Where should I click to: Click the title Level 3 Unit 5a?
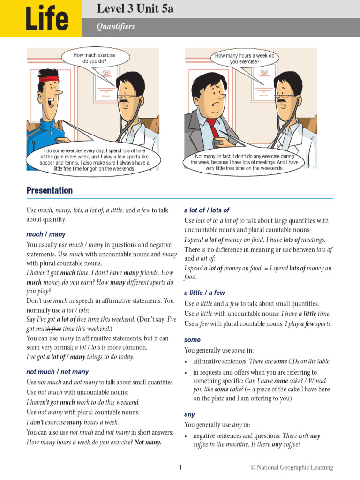click(x=135, y=8)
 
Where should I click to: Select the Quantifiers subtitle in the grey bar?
click(x=116, y=27)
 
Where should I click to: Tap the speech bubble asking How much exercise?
click(x=94, y=58)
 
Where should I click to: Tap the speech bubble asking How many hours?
click(x=244, y=59)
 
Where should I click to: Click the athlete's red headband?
click(x=52, y=79)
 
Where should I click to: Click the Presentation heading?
click(x=50, y=190)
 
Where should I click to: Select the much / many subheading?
click(x=46, y=234)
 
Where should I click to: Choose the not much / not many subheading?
click(x=57, y=372)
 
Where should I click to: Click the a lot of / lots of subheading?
click(x=207, y=210)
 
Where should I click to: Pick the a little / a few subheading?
click(x=204, y=293)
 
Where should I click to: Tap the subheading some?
click(x=192, y=340)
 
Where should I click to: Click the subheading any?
click(x=189, y=415)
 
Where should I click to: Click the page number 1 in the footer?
click(x=180, y=467)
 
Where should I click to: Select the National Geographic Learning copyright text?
click(x=292, y=467)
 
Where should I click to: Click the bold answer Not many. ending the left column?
click(x=148, y=442)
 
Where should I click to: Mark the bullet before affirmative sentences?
click(x=187, y=361)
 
